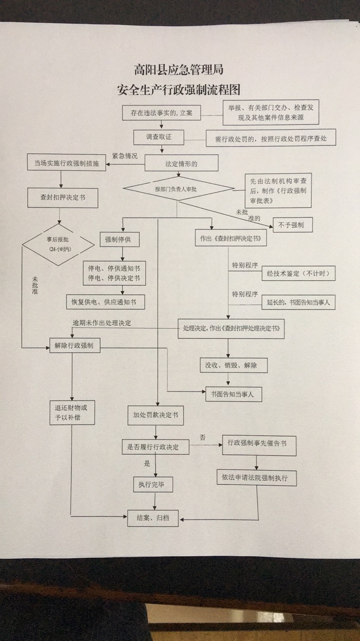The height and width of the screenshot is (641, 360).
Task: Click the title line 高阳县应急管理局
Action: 178,70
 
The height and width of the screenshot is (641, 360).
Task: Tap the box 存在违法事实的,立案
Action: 158,113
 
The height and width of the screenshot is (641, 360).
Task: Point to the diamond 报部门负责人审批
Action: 178,189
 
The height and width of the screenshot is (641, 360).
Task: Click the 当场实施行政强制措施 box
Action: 66,164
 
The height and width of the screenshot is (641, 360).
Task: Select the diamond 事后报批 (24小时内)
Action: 59,244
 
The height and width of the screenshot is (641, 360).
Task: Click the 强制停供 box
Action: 119,240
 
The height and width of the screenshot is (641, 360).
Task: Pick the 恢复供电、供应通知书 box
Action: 105,302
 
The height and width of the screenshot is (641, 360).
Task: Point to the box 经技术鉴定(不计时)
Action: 298,273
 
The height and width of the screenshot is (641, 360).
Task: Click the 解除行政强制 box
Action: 74,346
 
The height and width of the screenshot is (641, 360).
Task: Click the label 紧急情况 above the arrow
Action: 125,156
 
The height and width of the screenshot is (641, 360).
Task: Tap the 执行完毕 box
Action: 153,485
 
